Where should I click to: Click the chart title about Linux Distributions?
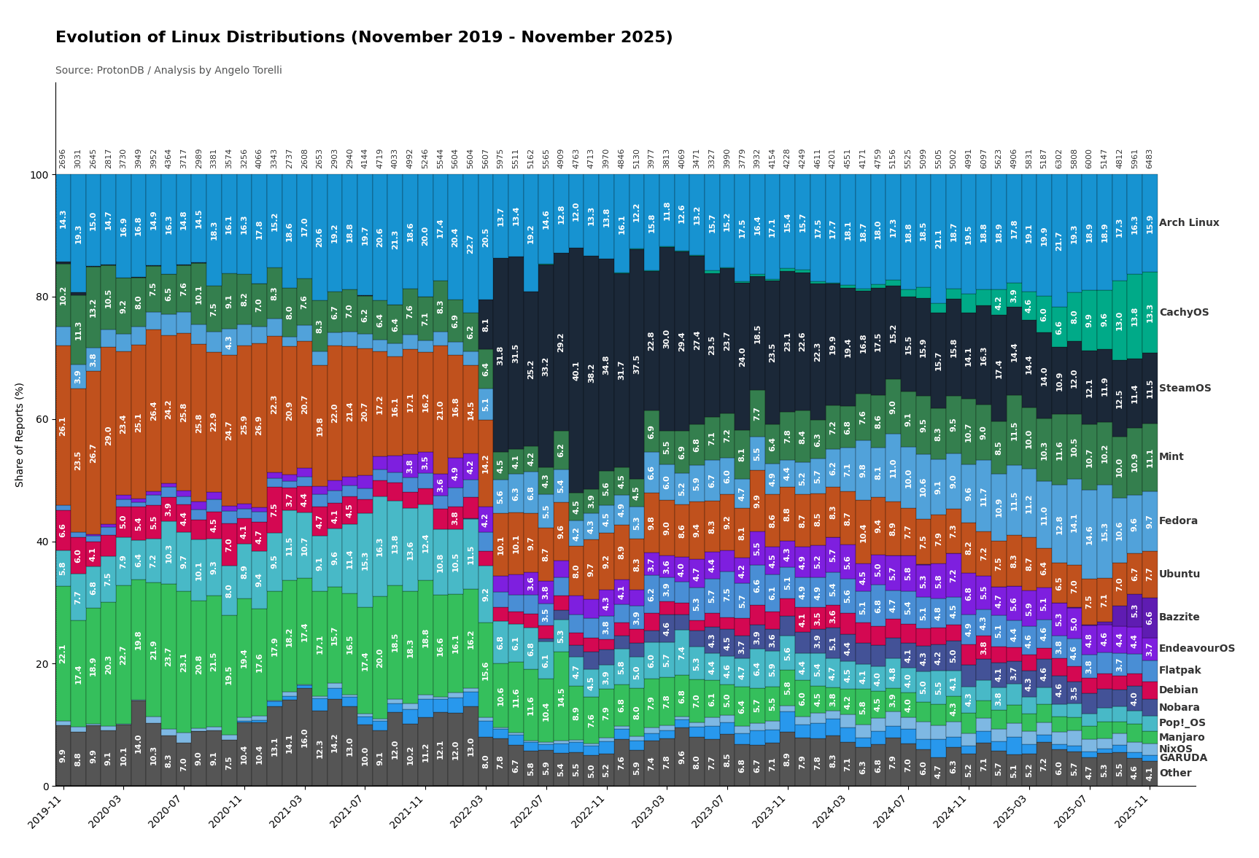pyautogui.click(x=364, y=38)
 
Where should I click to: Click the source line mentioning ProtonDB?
pyautogui.click(x=168, y=71)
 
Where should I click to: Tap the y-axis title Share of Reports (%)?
pyautogui.click(x=20, y=434)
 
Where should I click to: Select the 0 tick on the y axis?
pyautogui.click(x=45, y=786)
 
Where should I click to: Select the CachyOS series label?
pyautogui.click(x=1183, y=313)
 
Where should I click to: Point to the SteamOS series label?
pyautogui.click(x=1185, y=389)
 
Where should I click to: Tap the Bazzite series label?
pyautogui.click(x=1179, y=617)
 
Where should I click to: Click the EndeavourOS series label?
pyautogui.click(x=1196, y=649)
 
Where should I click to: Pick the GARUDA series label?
pyautogui.click(x=1182, y=758)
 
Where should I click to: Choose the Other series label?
pyautogui.click(x=1174, y=773)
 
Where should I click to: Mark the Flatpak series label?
pyautogui.click(x=1179, y=671)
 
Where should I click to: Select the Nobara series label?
pyautogui.click(x=1179, y=708)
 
